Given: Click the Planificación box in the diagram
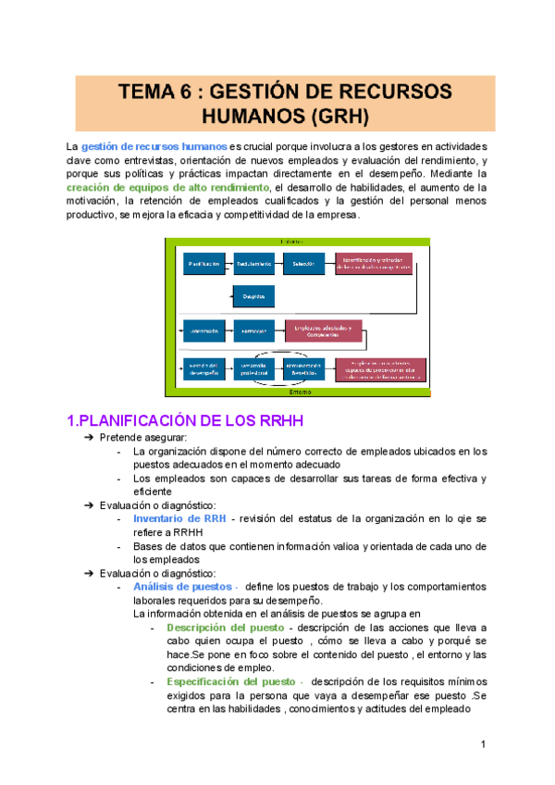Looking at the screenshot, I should pos(203,264).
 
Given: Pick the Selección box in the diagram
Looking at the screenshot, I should pos(303,264).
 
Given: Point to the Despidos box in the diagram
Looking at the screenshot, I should pos(253,296).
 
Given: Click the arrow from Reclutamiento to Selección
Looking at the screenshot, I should pos(278,264).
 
